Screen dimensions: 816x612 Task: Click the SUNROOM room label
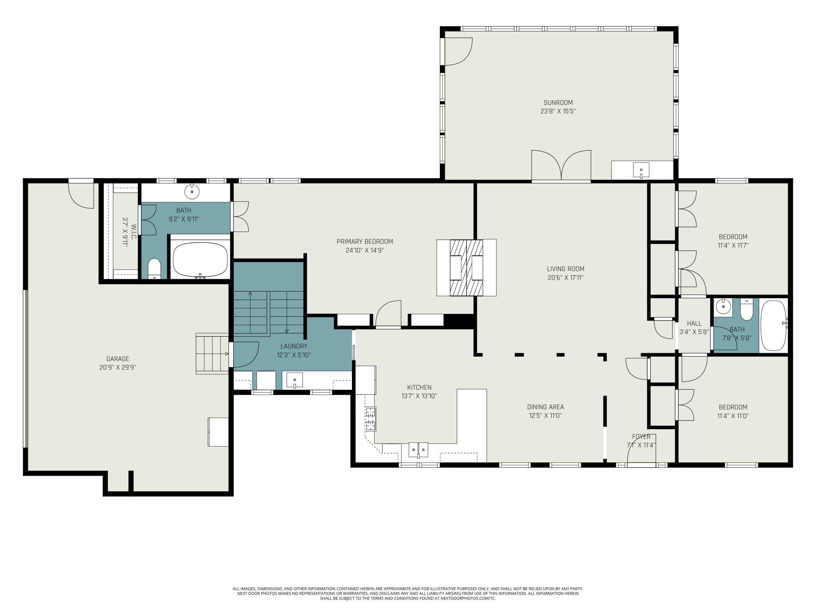(558, 103)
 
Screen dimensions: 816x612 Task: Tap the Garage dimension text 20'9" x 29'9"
(118, 368)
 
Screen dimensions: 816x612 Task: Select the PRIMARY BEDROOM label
(364, 242)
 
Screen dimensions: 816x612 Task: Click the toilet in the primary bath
(154, 268)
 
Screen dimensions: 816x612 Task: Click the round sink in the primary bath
(192, 192)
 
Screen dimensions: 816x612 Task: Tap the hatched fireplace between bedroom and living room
(466, 268)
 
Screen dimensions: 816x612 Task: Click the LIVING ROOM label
(566, 269)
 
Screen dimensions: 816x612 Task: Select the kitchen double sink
(418, 450)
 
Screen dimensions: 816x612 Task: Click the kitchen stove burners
(371, 419)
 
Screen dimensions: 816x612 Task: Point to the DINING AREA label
(545, 407)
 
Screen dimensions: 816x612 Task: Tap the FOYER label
(641, 437)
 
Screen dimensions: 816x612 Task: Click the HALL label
(694, 324)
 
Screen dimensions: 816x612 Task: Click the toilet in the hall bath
(746, 310)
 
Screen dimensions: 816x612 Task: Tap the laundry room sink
(295, 381)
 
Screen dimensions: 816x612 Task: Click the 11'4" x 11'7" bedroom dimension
(733, 246)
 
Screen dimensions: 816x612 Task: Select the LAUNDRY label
(294, 346)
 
